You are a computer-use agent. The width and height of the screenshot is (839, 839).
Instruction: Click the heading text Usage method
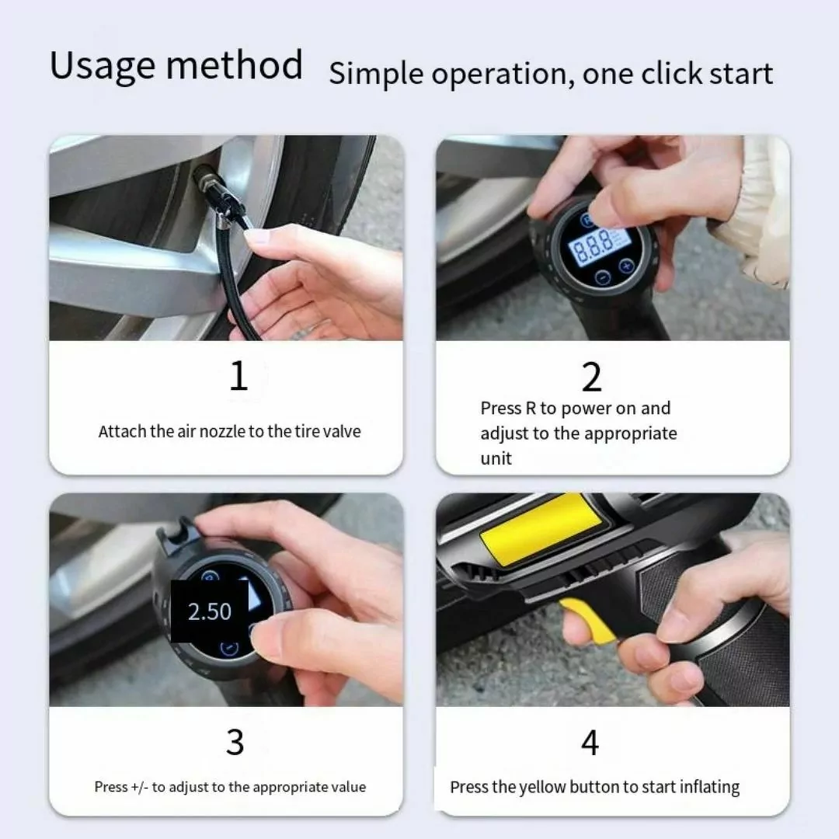point(176,66)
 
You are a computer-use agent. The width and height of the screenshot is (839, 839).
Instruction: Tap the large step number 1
point(238,375)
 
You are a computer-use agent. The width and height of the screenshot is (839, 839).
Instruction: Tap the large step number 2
point(592,378)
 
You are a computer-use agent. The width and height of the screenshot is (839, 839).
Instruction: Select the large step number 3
point(235,742)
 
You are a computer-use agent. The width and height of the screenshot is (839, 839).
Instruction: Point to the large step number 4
point(590,743)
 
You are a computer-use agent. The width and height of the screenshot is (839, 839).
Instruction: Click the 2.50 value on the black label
point(210,611)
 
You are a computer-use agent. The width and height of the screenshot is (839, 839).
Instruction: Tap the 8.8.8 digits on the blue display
point(593,247)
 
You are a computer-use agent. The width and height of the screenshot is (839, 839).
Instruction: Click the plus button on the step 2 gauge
point(626,266)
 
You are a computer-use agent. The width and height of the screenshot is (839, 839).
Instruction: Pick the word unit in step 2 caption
point(496,458)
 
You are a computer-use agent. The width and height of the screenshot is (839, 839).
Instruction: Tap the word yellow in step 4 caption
point(542,788)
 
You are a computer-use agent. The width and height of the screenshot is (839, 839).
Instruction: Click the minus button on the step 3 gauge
point(229,649)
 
